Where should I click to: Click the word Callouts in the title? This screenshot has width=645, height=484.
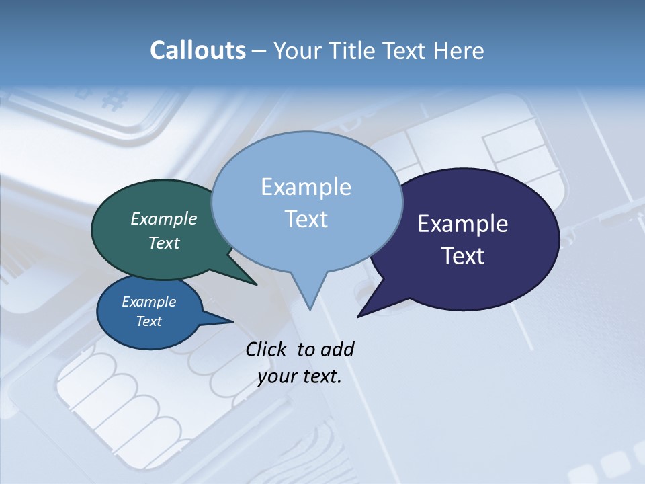[198, 50]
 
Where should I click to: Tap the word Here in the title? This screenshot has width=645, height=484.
[457, 50]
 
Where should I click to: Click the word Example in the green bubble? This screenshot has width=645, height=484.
[164, 219]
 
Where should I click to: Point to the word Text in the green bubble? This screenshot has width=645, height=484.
[164, 243]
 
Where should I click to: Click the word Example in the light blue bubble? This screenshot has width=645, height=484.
[306, 187]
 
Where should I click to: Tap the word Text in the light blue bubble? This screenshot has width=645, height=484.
[306, 219]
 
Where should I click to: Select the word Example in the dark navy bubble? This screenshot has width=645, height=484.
[463, 224]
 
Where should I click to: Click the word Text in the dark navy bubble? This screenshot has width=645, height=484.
[463, 256]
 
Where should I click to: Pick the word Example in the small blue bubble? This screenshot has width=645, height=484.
[149, 302]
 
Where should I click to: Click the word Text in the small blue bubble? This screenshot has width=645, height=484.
[149, 321]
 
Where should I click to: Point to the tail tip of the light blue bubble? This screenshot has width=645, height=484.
[310, 309]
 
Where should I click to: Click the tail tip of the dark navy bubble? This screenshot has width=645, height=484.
[358, 316]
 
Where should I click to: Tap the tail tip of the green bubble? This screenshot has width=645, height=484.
[256, 284]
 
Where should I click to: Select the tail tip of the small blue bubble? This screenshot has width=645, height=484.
[232, 321]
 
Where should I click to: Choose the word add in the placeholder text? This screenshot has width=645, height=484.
[338, 350]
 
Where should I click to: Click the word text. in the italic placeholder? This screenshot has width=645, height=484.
[320, 376]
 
